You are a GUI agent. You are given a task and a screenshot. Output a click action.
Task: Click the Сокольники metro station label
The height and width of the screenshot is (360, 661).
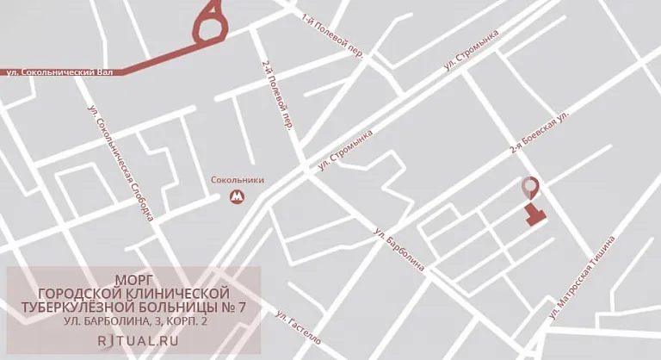click(238, 180)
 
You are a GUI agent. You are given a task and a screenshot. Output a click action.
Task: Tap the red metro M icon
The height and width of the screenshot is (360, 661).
click(237, 197)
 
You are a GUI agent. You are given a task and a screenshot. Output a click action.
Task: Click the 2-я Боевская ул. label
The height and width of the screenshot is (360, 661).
click(540, 133)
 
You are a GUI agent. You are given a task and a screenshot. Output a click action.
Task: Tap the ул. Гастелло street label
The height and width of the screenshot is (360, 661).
click(299, 327)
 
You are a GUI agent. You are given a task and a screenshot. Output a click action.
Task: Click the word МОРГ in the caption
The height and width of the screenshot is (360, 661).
click(133, 279)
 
